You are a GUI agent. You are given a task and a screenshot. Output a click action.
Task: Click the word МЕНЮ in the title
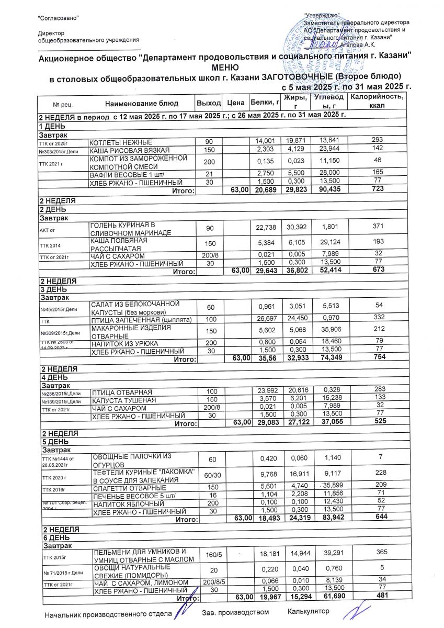tap(225, 68)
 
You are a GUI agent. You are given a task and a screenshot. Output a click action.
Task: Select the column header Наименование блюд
tap(141, 103)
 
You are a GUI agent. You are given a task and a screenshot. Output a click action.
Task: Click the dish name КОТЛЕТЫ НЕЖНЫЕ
tap(121, 142)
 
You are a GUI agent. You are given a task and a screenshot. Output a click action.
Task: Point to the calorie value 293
tap(378, 140)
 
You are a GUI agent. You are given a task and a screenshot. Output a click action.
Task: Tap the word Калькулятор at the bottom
tap(309, 611)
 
